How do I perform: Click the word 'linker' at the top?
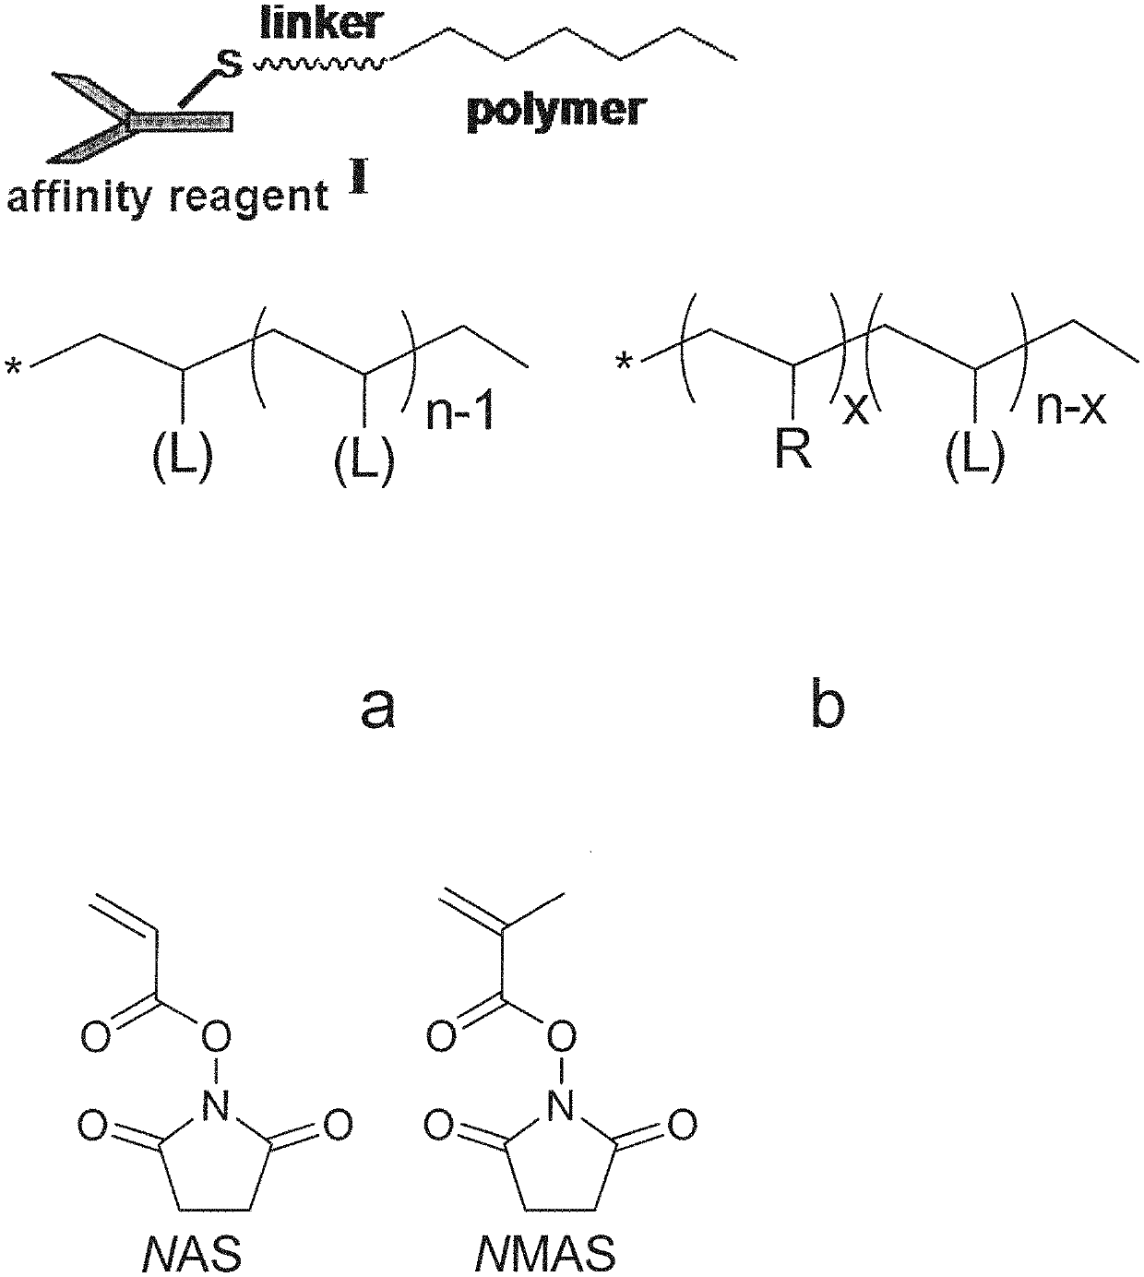(x=319, y=22)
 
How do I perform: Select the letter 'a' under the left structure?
(x=377, y=707)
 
